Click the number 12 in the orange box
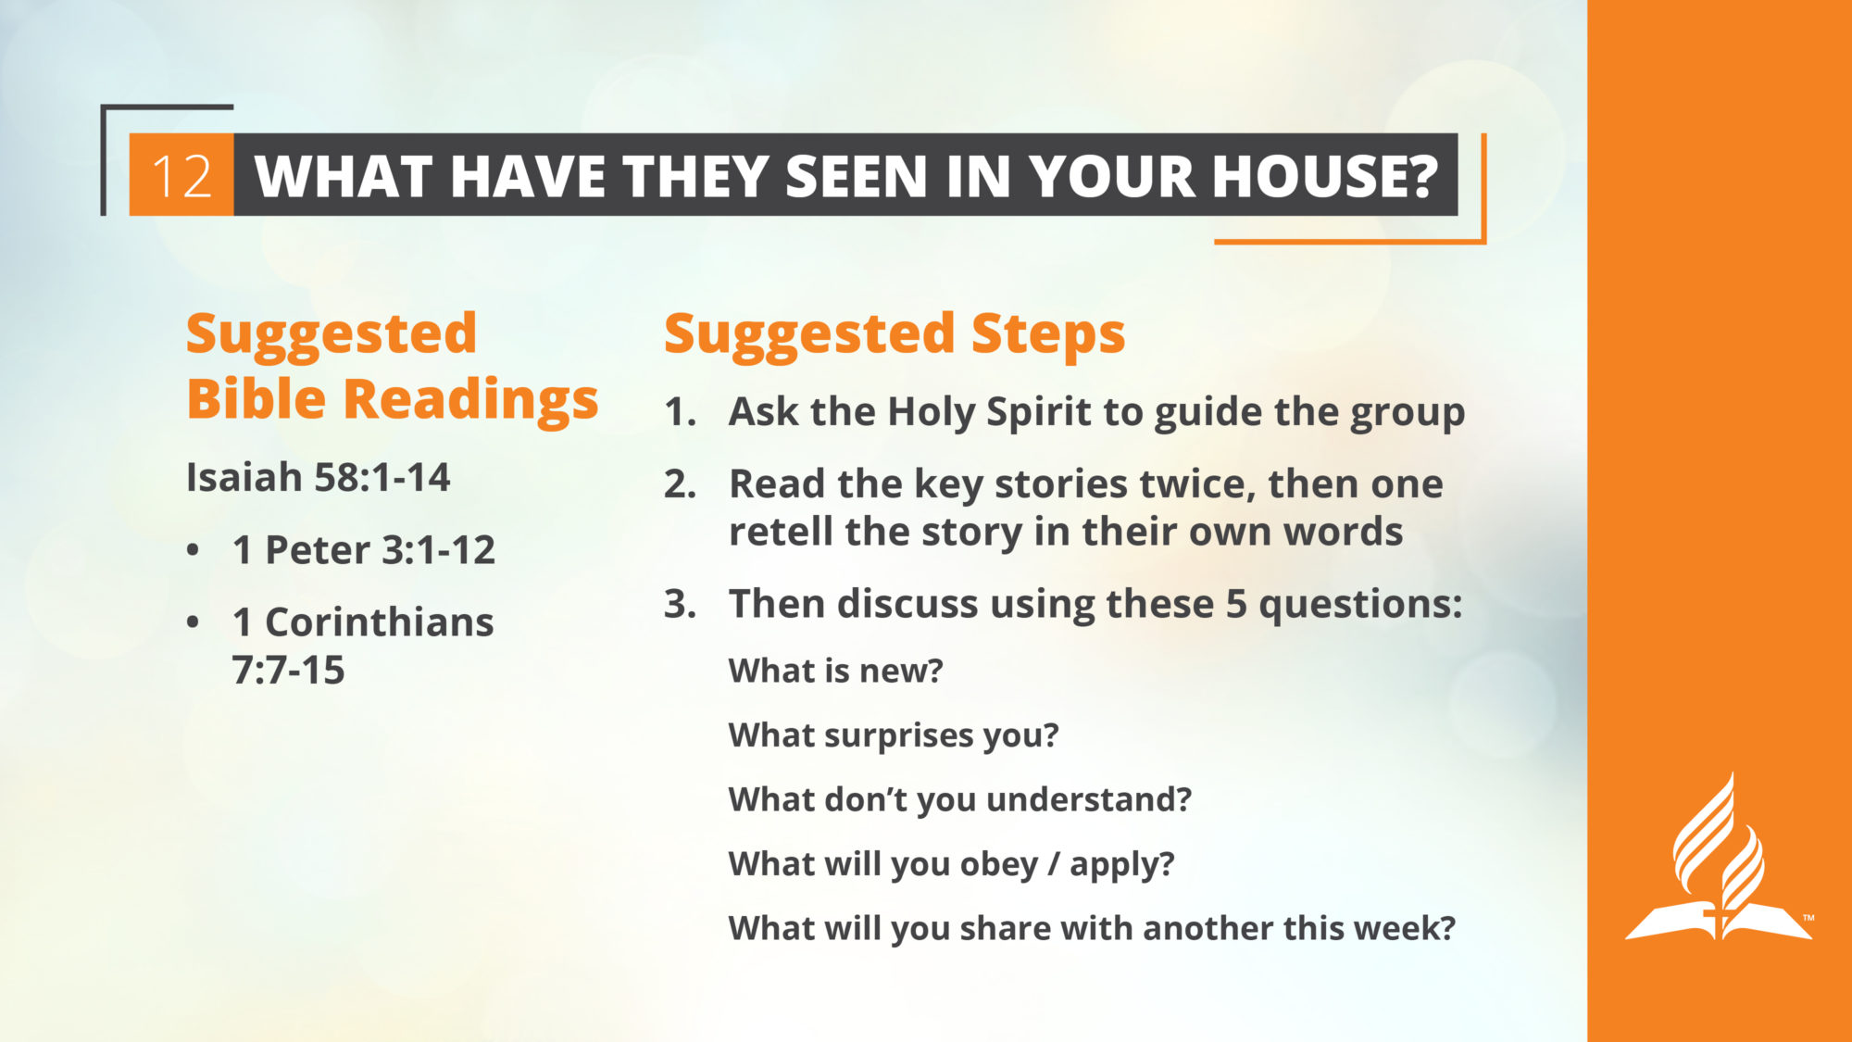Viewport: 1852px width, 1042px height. [x=181, y=176]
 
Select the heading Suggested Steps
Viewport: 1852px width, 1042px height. [x=895, y=334]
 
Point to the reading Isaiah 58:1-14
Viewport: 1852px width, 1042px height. [x=318, y=478]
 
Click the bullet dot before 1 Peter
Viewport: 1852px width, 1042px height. [x=193, y=550]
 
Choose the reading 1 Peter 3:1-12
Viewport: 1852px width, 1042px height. [x=364, y=550]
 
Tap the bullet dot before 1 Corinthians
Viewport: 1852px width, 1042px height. [x=193, y=622]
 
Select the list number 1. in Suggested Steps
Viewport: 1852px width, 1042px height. [x=680, y=412]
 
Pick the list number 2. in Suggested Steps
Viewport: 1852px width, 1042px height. [x=680, y=484]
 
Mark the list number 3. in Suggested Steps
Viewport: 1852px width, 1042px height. [x=680, y=604]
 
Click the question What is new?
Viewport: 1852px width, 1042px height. [x=835, y=671]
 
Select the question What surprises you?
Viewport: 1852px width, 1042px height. [x=894, y=735]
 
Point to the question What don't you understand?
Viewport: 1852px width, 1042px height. [x=960, y=799]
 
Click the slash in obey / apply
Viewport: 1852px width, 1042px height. [x=1054, y=864]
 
